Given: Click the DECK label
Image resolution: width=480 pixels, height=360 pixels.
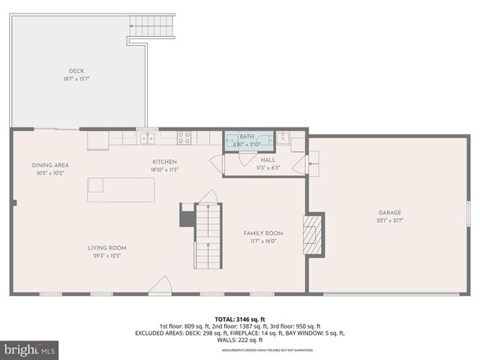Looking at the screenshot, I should point(76,71).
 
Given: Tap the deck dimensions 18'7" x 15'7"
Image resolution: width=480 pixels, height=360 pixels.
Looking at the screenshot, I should point(76,79).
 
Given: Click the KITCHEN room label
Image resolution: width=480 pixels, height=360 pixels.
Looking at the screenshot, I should point(164,161).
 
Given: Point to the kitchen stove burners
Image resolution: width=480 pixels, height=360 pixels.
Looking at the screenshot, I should point(184,137).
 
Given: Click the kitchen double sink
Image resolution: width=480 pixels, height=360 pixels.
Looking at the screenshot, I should point(149,137).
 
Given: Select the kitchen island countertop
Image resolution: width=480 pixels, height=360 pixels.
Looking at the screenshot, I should point(121,189).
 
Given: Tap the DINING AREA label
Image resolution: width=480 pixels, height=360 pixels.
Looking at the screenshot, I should point(50,165).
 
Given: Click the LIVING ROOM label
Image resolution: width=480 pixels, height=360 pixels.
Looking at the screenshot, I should point(107,247).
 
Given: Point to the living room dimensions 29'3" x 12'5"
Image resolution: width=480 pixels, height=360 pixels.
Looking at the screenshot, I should point(107,256).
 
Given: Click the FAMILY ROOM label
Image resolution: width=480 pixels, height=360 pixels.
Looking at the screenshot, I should point(263,233).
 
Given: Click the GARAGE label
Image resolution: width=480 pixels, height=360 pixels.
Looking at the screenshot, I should point(390,212).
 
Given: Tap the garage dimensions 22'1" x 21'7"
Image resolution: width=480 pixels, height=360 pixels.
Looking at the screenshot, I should point(390,220).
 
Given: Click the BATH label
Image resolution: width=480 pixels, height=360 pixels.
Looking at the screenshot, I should point(247,136).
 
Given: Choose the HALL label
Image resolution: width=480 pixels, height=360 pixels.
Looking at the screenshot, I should point(268,160).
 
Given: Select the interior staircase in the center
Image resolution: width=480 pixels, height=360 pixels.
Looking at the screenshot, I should point(208,235).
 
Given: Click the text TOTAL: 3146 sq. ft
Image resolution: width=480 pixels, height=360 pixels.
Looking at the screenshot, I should point(239,319).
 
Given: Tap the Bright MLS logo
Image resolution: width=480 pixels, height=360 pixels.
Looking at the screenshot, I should point(30,349).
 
